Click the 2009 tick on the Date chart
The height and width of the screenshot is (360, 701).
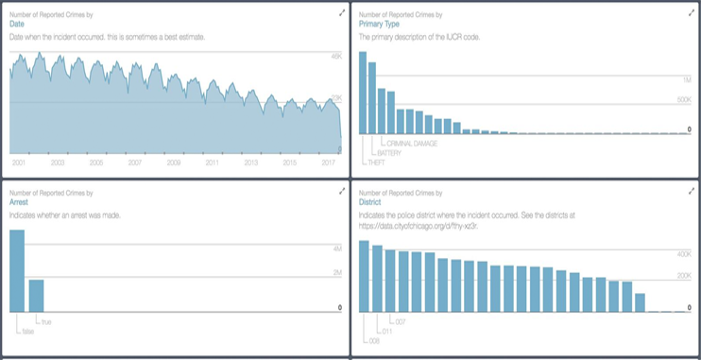coord(173,163)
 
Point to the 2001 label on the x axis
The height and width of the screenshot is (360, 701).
coord(19,163)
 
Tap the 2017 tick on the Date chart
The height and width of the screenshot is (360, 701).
coord(328,163)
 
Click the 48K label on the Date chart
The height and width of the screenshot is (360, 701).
coord(335,58)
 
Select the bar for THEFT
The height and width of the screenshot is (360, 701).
coord(363,93)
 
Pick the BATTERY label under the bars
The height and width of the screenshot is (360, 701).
coord(389,152)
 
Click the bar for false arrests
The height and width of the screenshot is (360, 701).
coord(17,270)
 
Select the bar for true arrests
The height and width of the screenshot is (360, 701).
coord(36,295)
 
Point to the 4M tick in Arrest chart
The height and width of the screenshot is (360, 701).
coord(335,248)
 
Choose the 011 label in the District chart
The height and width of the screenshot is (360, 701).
coord(385,332)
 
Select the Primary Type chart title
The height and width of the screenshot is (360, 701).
coord(381,24)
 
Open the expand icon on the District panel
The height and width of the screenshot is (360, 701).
coord(691,191)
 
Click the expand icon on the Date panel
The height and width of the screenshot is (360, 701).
coord(341,13)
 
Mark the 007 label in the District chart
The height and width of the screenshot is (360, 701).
coord(400,322)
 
